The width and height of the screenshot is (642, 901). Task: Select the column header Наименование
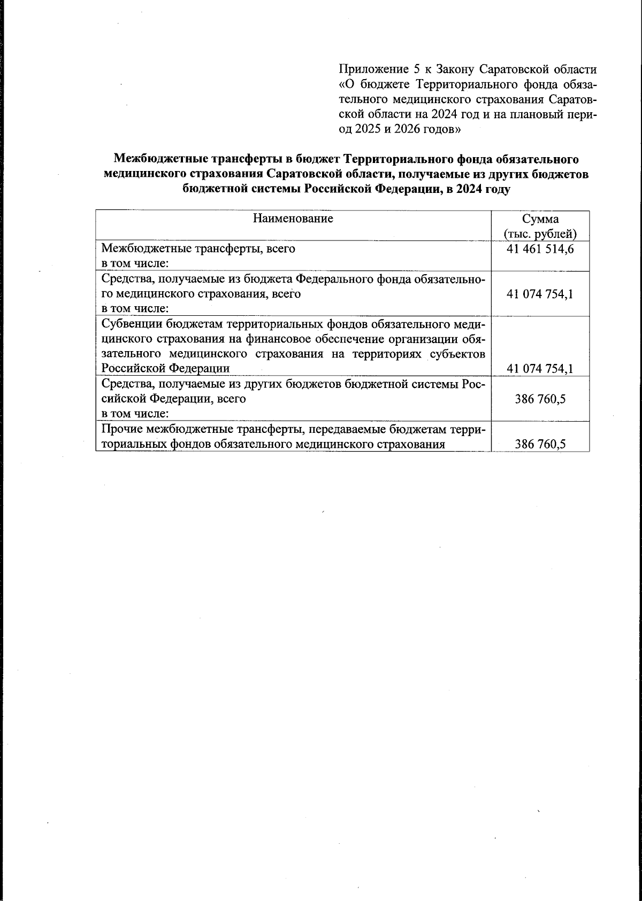tap(293, 219)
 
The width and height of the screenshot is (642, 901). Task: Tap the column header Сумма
tap(540, 219)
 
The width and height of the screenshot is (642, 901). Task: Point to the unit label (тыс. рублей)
tap(540, 234)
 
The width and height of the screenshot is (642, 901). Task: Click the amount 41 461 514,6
tap(540, 249)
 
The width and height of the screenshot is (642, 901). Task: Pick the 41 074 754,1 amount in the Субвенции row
tap(540, 368)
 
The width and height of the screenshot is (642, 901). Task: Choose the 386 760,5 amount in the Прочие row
tap(540, 444)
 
